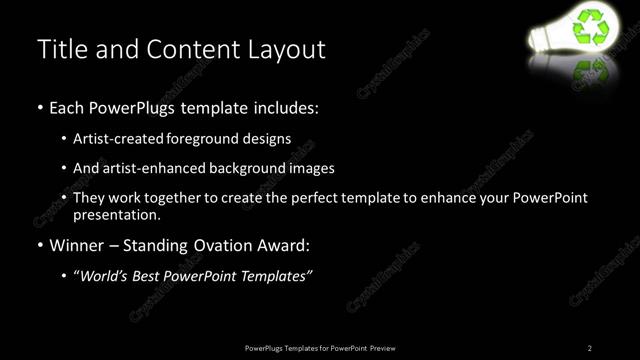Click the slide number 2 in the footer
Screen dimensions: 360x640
pos(590,347)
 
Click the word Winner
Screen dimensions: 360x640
pos(78,244)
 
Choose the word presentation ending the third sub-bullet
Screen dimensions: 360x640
pos(117,214)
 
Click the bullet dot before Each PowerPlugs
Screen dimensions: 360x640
pos(39,106)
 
